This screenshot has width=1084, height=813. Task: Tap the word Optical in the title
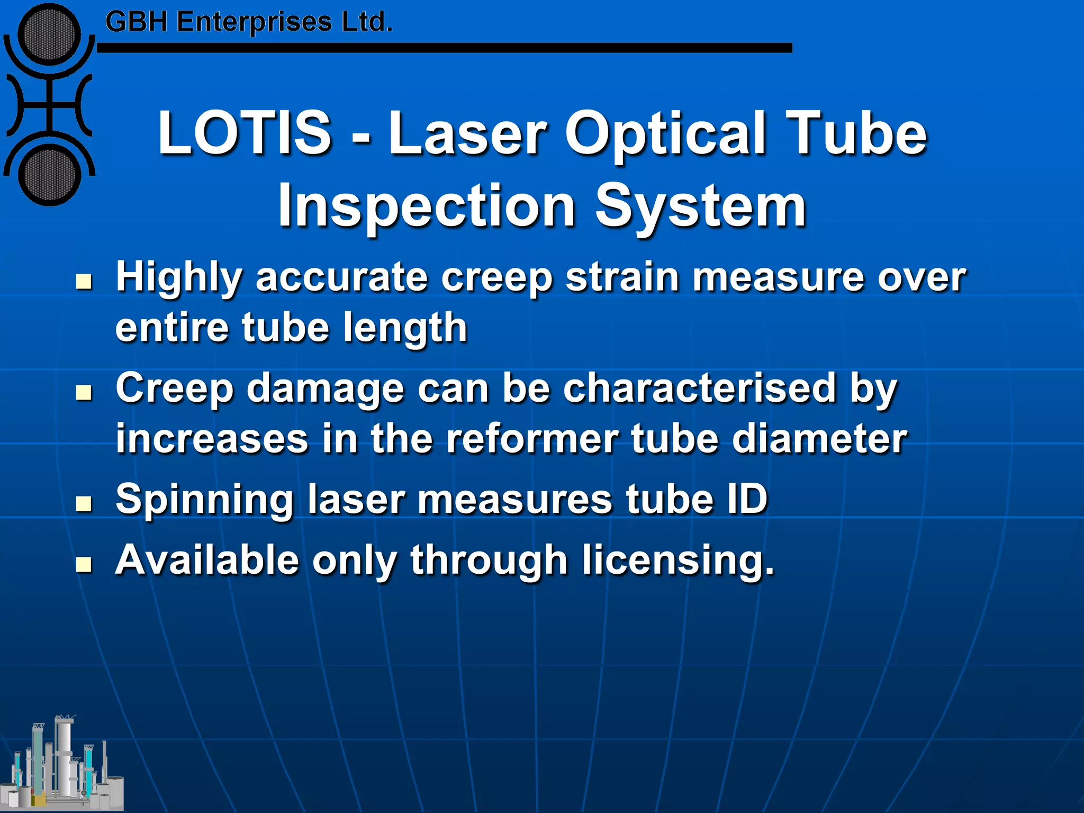pyautogui.click(x=665, y=135)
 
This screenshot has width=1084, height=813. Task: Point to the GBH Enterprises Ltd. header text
pyautogui.click(x=249, y=22)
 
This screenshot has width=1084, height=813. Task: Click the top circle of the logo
pyautogui.click(x=49, y=34)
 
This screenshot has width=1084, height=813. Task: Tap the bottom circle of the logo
pyautogui.click(x=49, y=176)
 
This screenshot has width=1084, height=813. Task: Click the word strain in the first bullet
pyautogui.click(x=622, y=277)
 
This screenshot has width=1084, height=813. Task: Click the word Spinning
pyautogui.click(x=204, y=501)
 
